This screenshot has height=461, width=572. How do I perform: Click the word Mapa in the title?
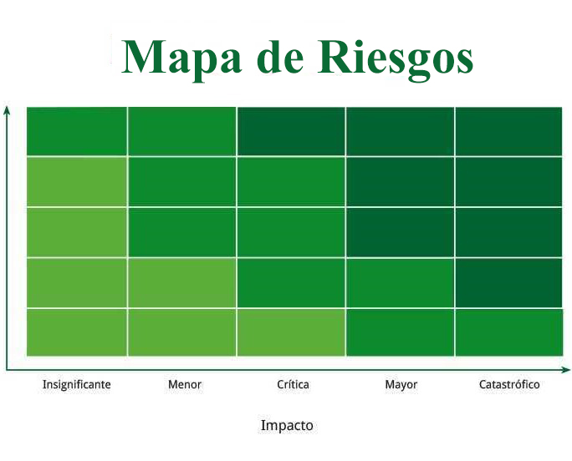click(181, 59)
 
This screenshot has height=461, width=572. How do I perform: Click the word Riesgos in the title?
click(396, 59)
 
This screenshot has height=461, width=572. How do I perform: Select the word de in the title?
click(280, 55)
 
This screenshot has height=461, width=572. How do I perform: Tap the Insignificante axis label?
click(77, 384)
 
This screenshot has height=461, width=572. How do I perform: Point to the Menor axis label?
click(185, 384)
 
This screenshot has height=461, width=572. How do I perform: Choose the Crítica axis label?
click(293, 384)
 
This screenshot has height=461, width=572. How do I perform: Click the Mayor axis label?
click(401, 385)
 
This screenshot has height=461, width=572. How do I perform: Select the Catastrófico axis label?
click(509, 384)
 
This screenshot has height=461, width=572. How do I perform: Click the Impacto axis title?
click(287, 426)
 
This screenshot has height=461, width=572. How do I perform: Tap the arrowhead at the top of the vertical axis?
click(7, 109)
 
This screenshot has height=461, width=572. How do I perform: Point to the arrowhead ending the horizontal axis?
click(566, 370)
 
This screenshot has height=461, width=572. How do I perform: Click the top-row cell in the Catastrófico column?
click(508, 131)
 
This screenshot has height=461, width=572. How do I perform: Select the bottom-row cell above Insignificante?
click(77, 332)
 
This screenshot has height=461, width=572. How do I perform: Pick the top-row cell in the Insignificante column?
click(77, 131)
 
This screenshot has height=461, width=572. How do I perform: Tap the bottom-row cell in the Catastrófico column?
click(508, 332)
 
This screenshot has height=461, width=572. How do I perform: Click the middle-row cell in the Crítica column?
click(291, 232)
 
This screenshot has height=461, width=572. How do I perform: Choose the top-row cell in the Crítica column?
click(291, 131)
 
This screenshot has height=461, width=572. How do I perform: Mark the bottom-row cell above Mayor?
click(400, 332)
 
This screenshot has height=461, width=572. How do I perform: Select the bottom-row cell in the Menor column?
click(182, 332)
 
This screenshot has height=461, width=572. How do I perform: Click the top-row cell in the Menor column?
click(182, 131)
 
